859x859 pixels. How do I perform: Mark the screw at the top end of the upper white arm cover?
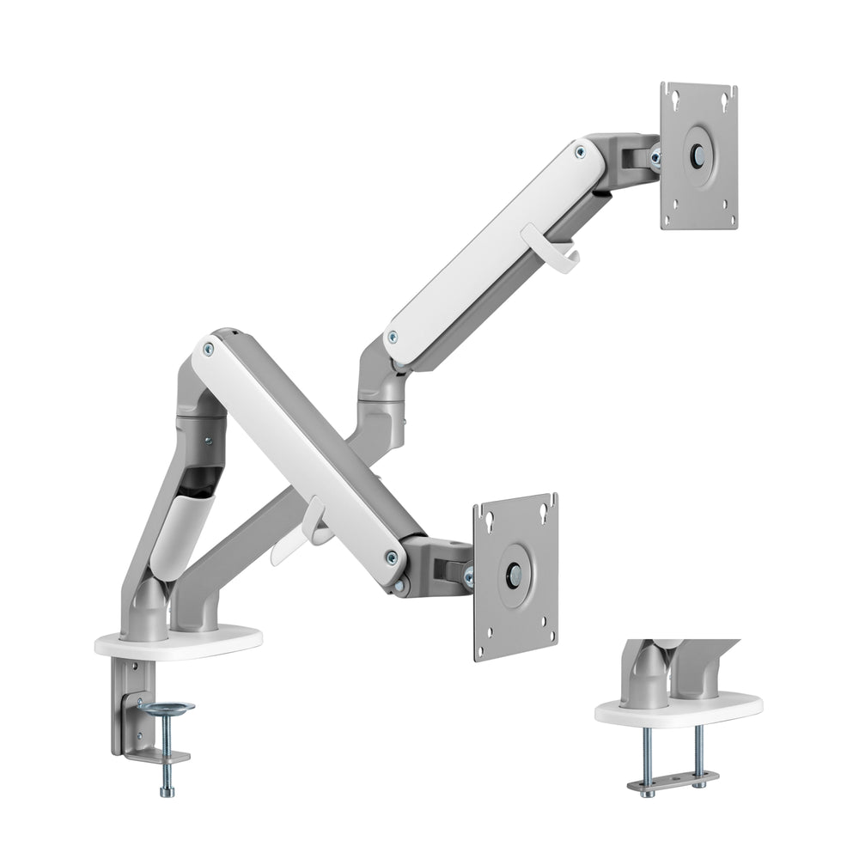coord(580,153)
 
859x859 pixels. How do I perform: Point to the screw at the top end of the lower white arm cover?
coord(207,349)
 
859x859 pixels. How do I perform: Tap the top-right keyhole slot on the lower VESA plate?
coord(544,512)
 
